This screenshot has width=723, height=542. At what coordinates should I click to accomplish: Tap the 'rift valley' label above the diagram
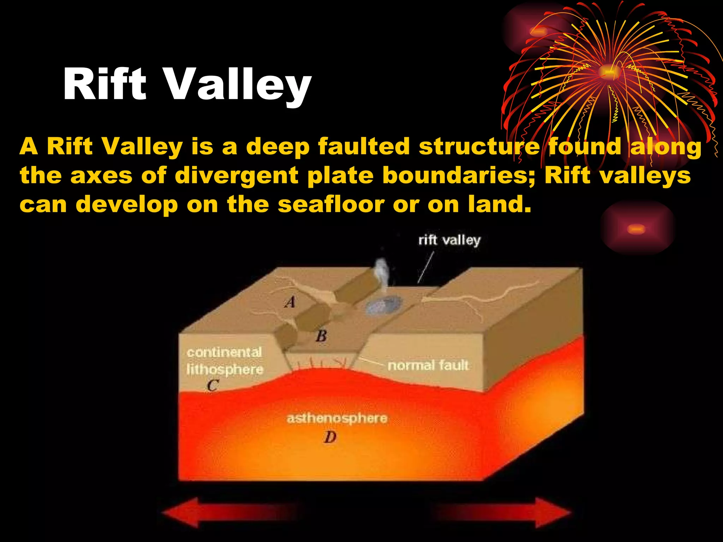coord(449,241)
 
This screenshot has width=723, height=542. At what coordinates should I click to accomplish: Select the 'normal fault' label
coord(428,366)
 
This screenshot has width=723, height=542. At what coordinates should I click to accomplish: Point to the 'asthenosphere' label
coord(337,418)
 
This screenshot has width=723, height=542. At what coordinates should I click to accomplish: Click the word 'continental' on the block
coord(225,352)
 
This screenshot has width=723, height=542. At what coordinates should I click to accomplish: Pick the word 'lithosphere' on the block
coord(225,370)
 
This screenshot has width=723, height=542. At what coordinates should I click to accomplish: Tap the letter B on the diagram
coord(321,336)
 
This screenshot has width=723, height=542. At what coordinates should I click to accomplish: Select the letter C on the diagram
coord(213,386)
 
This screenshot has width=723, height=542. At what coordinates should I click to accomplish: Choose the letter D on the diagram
coord(330,438)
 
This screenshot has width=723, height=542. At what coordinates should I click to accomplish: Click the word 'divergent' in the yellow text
coord(237,175)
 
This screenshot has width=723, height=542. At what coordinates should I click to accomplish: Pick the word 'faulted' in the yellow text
coord(364,146)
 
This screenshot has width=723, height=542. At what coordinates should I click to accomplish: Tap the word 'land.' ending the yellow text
coord(499,204)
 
